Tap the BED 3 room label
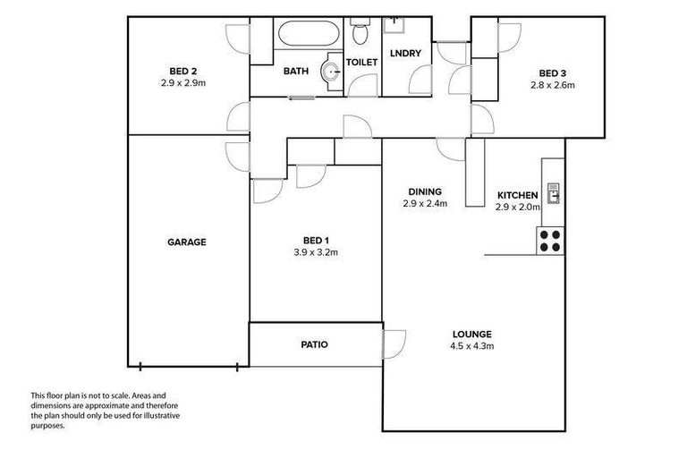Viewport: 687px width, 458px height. coord(551,73)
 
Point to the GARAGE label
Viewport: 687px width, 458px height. coord(187,242)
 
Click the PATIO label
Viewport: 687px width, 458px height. coord(313,343)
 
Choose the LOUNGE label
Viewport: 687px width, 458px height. coord(473,334)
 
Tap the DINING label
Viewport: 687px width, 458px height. coord(424,191)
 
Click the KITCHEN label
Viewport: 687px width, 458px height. coord(518,195)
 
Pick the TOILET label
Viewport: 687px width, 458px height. coord(362,62)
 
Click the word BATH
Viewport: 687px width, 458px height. coord(295,72)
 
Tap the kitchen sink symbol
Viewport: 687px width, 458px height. coord(553,192)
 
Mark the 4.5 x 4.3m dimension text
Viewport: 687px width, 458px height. coord(473,345)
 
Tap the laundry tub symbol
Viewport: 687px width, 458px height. coord(395,28)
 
